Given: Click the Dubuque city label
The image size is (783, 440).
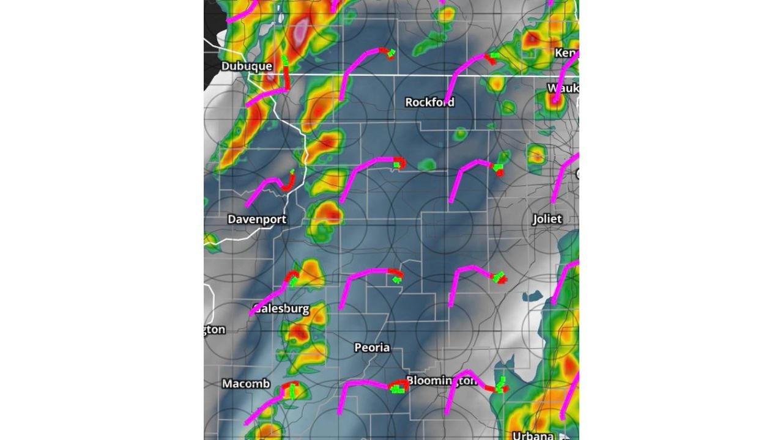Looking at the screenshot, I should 247,66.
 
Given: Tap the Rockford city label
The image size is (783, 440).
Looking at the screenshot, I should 429,102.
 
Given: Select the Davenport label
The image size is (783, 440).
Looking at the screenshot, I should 257,219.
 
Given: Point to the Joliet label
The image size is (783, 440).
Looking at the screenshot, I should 546,219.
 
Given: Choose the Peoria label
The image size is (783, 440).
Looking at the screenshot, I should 372,347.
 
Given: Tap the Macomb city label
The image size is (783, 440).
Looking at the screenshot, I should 245,384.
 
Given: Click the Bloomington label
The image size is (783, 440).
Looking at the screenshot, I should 442,381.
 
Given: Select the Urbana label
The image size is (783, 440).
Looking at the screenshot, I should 533,436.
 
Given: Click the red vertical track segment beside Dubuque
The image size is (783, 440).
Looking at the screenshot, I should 286,76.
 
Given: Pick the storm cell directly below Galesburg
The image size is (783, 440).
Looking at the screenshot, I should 300,334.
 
